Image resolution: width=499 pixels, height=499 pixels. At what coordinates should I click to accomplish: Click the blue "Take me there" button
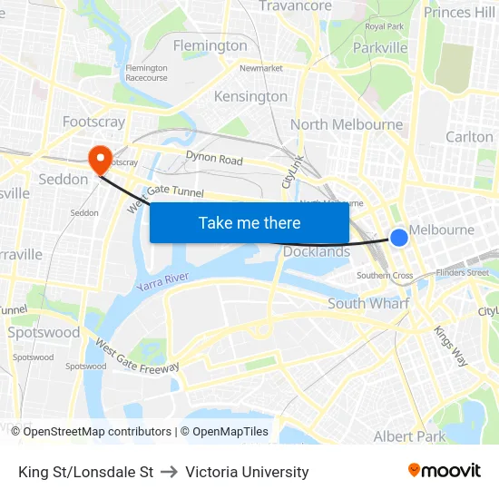249,222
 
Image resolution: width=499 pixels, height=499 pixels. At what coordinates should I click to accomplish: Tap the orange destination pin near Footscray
99,159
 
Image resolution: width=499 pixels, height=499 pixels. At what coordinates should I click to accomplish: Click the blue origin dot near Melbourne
399,238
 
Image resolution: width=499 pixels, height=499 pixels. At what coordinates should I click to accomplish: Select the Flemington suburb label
210,45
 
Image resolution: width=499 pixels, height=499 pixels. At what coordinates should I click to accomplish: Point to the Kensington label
250,96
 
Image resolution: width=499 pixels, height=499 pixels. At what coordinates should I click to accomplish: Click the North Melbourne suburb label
347,124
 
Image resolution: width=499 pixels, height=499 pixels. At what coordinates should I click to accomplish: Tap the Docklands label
317,251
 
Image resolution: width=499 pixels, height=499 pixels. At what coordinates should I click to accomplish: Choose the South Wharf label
368,304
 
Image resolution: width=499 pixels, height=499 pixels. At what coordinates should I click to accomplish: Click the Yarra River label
162,281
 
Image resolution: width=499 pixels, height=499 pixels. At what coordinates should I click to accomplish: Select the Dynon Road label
214,159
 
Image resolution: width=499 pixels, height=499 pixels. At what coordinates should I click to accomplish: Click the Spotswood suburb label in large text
44,332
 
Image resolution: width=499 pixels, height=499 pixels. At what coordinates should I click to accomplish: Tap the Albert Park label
409,436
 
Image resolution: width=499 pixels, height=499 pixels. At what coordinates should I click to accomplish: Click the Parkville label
380,47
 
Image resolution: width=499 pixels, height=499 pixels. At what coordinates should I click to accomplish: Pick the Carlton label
469,137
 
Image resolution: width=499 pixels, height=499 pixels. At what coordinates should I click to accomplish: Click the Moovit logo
445,470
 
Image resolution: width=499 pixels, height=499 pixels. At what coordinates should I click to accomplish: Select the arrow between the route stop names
169,472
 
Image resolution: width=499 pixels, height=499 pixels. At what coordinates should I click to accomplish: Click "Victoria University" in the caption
247,472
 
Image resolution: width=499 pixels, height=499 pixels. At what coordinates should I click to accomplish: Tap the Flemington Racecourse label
146,73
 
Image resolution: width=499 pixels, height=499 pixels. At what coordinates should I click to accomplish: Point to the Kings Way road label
450,346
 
